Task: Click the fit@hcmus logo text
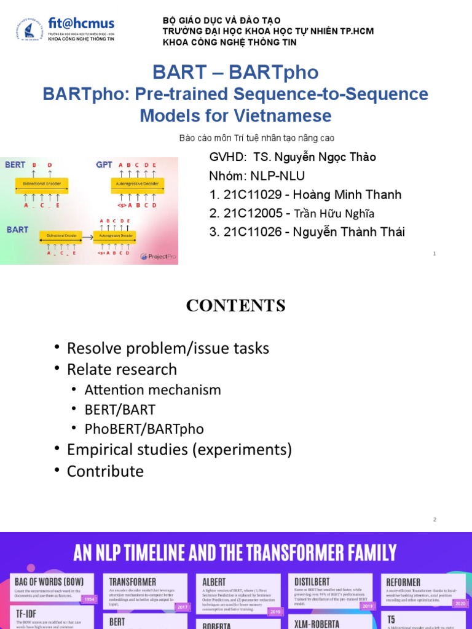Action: tap(81, 24)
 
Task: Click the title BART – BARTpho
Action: tap(235, 72)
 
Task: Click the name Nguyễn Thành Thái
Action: tap(349, 232)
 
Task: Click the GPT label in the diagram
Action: tap(104, 165)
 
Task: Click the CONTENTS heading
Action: tap(236, 305)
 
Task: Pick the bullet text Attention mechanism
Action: tap(153, 389)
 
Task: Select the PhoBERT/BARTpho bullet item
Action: tap(144, 429)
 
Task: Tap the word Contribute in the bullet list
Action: tap(105, 471)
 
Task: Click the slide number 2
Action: tap(435, 520)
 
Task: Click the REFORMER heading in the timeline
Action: tap(403, 582)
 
